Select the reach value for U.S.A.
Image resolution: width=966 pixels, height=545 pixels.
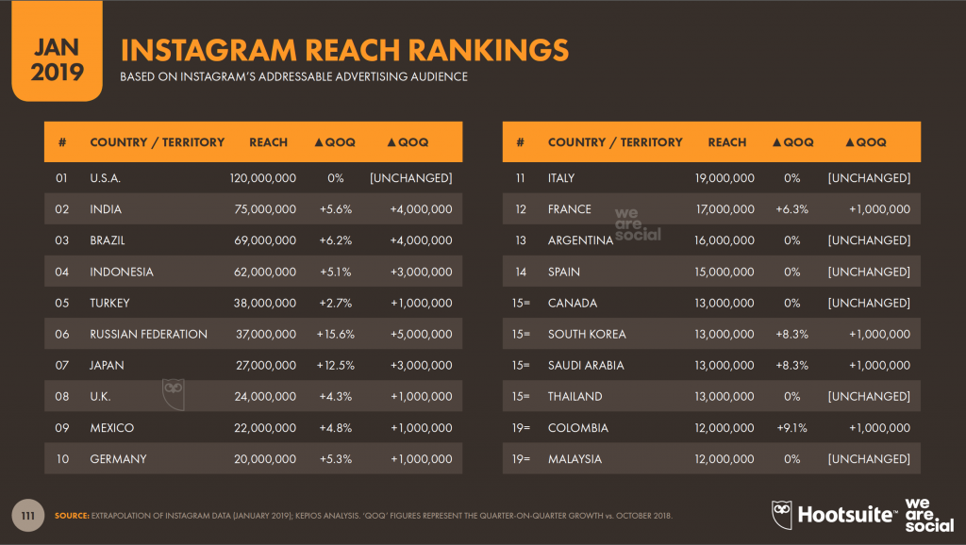point(263,178)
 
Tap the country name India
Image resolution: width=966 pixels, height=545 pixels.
point(106,209)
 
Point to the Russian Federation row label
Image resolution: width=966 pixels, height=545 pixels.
point(148,334)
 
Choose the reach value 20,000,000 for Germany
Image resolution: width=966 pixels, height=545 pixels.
point(265,458)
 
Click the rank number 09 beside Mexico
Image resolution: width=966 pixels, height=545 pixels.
point(62,427)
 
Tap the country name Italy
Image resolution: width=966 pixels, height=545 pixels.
point(560,178)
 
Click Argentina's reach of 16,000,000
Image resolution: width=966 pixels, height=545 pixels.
point(724,240)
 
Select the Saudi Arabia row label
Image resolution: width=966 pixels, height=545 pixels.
point(586,365)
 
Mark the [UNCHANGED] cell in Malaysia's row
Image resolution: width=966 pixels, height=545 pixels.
point(868,458)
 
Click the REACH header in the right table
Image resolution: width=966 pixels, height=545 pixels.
point(726,142)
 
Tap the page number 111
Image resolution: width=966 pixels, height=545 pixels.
point(29,515)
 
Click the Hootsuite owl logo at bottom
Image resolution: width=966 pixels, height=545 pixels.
point(783,514)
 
